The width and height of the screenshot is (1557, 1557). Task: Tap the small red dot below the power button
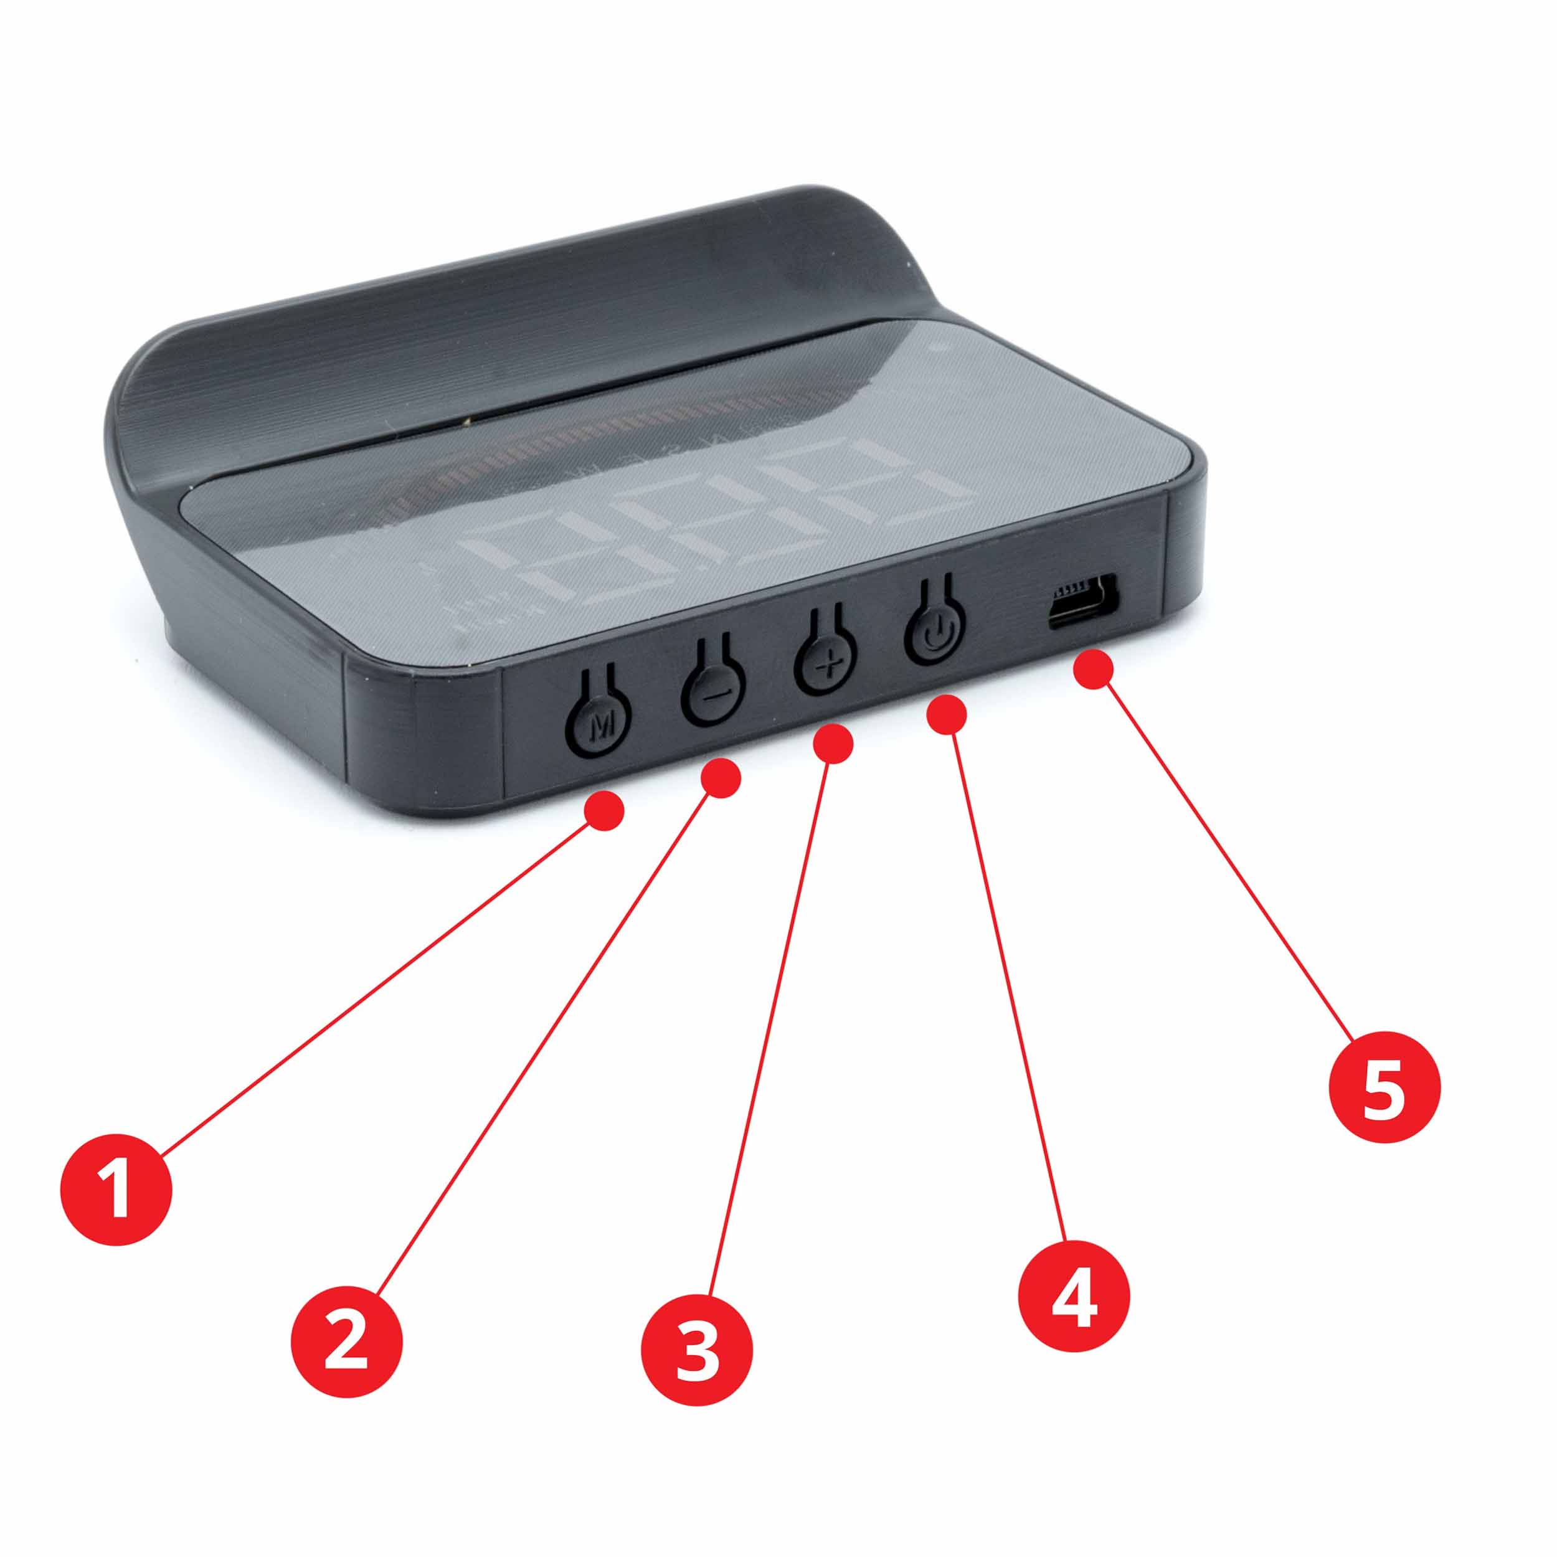(x=948, y=714)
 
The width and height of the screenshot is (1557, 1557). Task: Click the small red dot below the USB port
(x=1094, y=669)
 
